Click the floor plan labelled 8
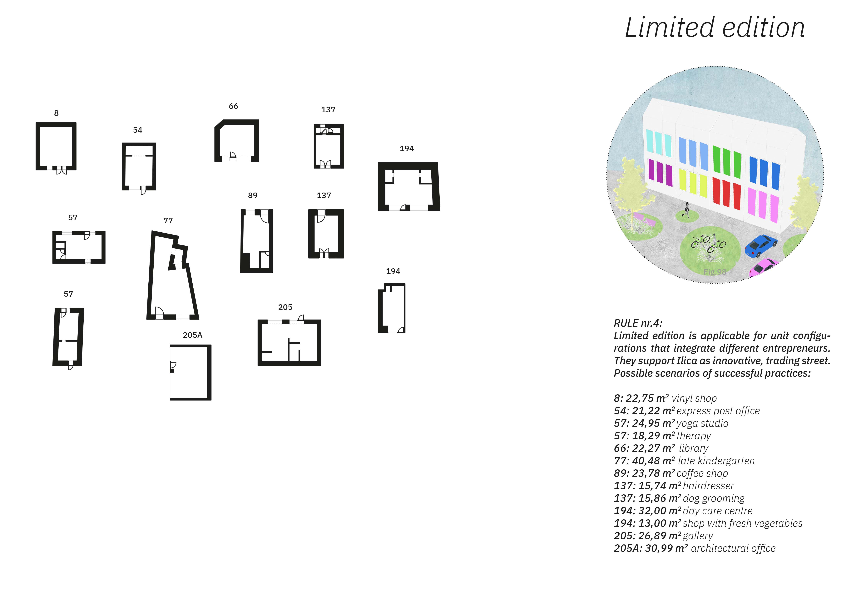pos(56,146)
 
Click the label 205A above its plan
pos(192,335)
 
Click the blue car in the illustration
pos(761,245)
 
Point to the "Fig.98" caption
pos(715,272)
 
